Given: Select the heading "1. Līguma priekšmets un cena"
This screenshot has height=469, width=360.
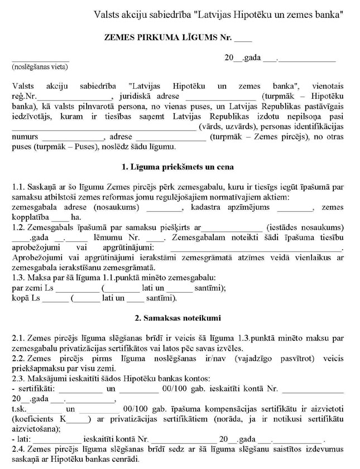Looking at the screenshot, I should pos(177,167).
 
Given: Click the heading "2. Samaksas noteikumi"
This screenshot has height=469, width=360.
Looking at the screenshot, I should pos(177,319).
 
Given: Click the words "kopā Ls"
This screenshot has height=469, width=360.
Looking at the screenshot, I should pos(25,298).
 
